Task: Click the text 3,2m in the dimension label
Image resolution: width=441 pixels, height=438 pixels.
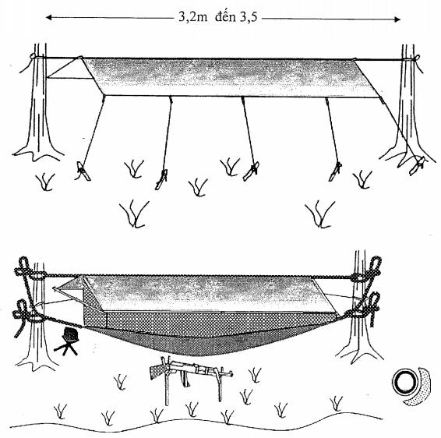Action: click(192, 18)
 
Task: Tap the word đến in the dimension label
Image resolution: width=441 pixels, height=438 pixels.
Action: click(225, 17)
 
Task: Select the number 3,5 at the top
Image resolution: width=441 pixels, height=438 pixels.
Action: click(249, 18)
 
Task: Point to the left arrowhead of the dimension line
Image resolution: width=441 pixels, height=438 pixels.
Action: click(48, 18)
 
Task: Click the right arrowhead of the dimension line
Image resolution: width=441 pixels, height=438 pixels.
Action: click(397, 19)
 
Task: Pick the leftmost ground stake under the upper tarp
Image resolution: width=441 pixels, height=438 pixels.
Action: click(83, 171)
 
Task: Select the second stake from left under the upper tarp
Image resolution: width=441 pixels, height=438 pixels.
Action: click(161, 179)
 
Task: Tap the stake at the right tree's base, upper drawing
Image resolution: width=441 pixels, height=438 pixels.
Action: click(418, 165)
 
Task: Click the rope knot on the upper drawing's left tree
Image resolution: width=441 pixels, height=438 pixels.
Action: click(34, 57)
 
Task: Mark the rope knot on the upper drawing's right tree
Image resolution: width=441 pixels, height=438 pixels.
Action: click(416, 59)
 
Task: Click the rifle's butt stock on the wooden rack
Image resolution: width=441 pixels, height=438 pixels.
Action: click(157, 370)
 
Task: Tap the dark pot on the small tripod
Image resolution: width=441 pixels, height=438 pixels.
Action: click(70, 334)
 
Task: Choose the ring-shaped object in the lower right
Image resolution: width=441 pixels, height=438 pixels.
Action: click(404, 383)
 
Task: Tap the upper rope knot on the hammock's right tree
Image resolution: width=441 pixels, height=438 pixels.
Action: click(368, 271)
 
